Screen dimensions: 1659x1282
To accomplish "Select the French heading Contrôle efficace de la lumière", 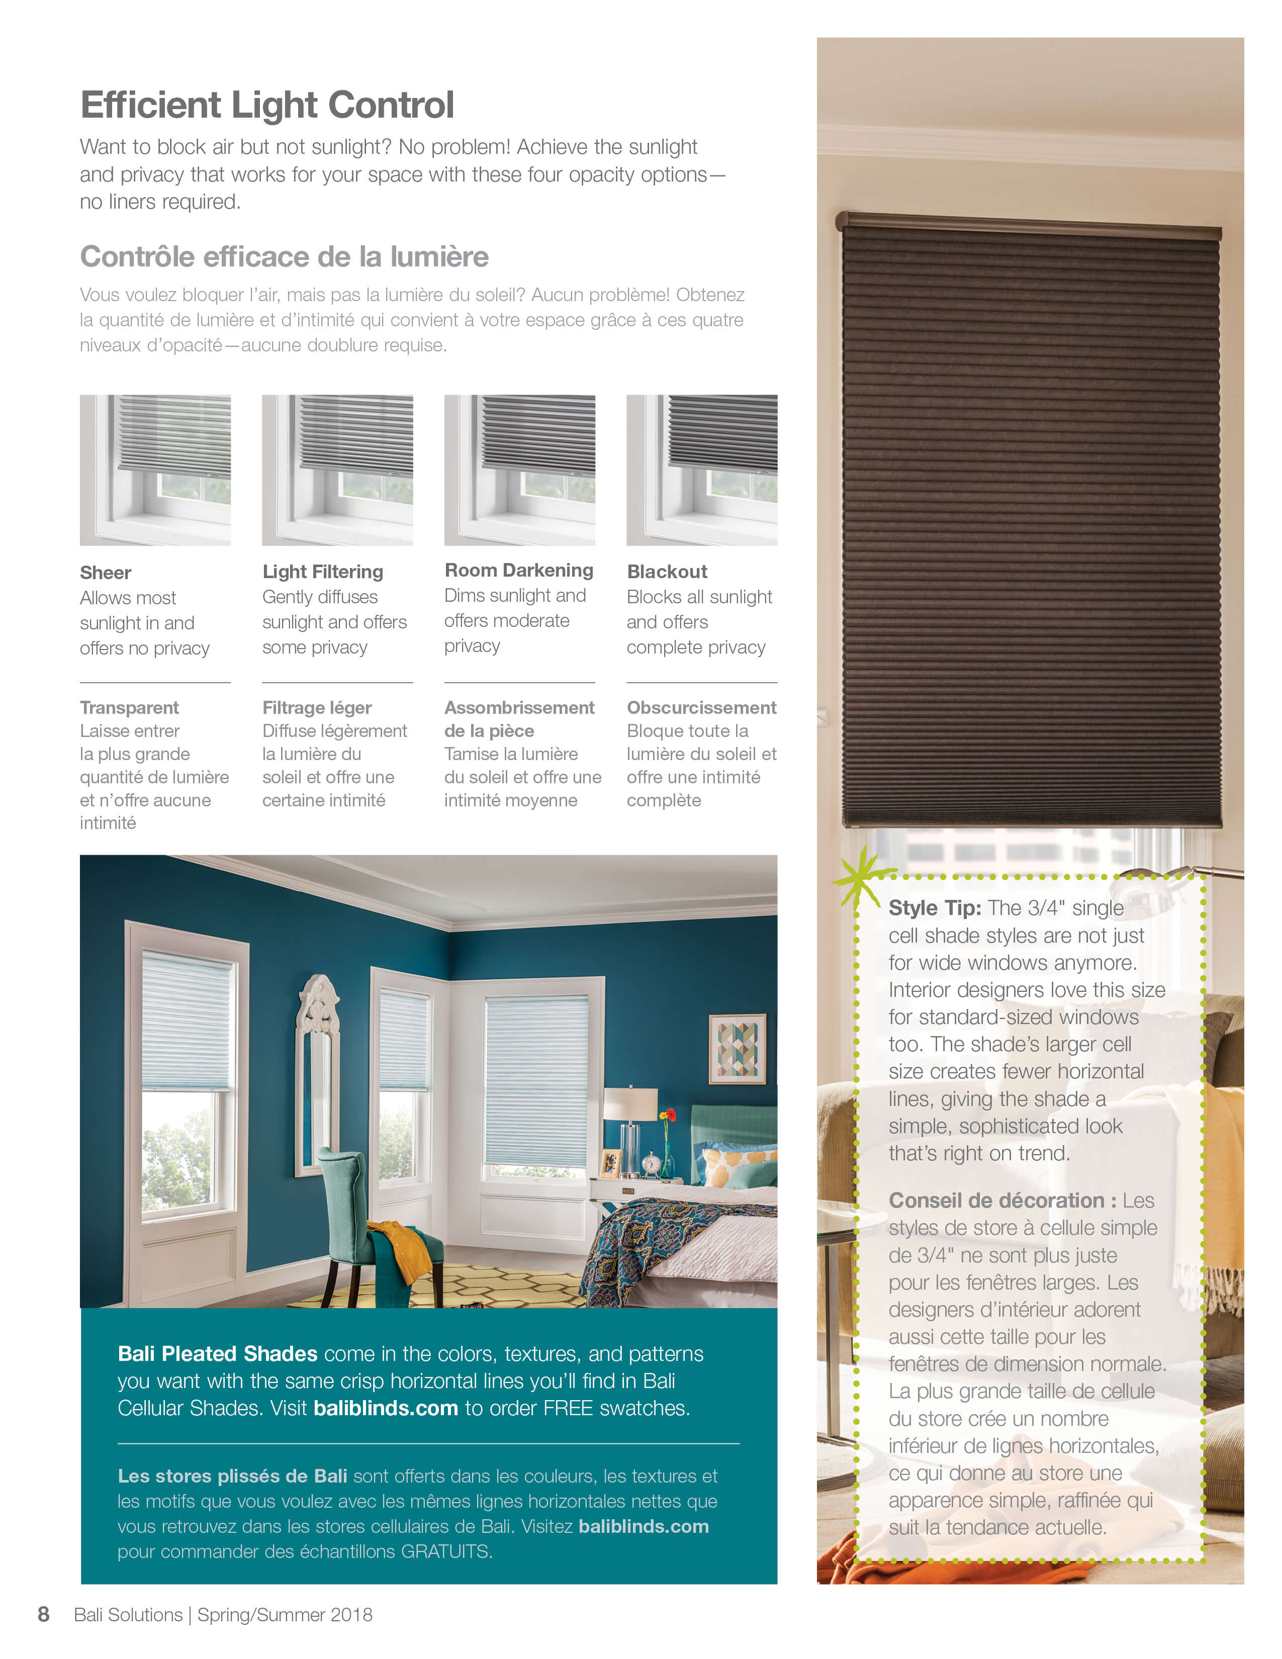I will (284, 257).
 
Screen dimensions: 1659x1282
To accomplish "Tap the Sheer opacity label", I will (106, 573).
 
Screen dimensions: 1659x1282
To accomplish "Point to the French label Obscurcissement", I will (701, 708).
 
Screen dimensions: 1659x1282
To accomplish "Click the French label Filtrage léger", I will (317, 708).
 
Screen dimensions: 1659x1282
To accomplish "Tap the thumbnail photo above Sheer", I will (155, 470).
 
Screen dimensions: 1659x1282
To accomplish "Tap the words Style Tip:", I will (934, 908).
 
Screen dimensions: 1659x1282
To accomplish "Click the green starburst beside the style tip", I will (863, 877).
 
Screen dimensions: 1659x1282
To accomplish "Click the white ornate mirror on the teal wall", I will (317, 1063).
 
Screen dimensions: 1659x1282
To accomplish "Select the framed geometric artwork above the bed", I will (736, 1048).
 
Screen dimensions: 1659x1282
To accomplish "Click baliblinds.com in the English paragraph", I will (386, 1408).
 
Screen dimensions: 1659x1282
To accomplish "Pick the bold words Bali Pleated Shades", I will (217, 1354).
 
